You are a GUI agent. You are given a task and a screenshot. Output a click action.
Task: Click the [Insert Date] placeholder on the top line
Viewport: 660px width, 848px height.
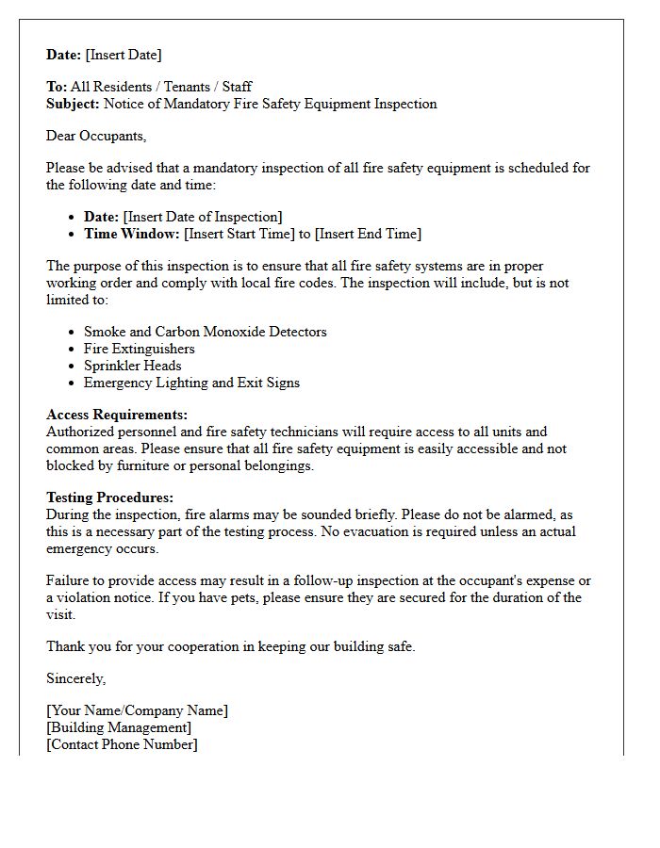[124, 55]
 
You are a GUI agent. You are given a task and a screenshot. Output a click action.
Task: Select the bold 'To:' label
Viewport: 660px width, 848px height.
[57, 87]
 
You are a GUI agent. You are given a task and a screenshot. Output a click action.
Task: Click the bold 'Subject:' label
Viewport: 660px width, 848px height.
[73, 104]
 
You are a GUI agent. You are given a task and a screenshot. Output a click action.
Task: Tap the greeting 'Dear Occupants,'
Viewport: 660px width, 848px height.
[96, 136]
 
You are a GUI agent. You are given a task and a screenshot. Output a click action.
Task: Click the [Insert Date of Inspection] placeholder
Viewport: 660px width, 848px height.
[202, 217]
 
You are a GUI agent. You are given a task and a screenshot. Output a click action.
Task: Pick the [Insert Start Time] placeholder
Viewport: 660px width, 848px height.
[239, 234]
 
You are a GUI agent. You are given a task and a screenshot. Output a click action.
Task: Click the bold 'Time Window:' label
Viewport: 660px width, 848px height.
[131, 234]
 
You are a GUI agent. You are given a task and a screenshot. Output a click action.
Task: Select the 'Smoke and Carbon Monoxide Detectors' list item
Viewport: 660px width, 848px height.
[205, 332]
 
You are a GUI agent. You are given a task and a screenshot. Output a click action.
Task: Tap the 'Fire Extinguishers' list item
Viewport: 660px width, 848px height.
[139, 349]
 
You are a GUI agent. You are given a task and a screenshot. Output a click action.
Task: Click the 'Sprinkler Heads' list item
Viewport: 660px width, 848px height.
[132, 366]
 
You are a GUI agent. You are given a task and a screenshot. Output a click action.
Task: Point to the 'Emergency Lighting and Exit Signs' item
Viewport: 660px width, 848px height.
[191, 383]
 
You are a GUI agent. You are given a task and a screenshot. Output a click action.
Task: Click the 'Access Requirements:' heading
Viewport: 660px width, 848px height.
[117, 415]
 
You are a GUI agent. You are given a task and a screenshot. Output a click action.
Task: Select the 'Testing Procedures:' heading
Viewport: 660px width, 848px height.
[110, 497]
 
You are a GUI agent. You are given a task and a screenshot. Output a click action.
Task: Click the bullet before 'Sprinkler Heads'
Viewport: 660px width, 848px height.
[72, 367]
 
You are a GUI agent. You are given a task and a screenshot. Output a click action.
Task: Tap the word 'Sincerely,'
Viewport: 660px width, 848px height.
[76, 678]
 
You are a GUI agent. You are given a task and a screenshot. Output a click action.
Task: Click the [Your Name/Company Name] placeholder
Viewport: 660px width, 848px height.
[137, 710]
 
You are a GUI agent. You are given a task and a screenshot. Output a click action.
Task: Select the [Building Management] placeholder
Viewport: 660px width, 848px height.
[119, 727]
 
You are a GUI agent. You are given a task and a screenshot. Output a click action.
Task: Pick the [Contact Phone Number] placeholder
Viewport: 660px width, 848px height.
[122, 744]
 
